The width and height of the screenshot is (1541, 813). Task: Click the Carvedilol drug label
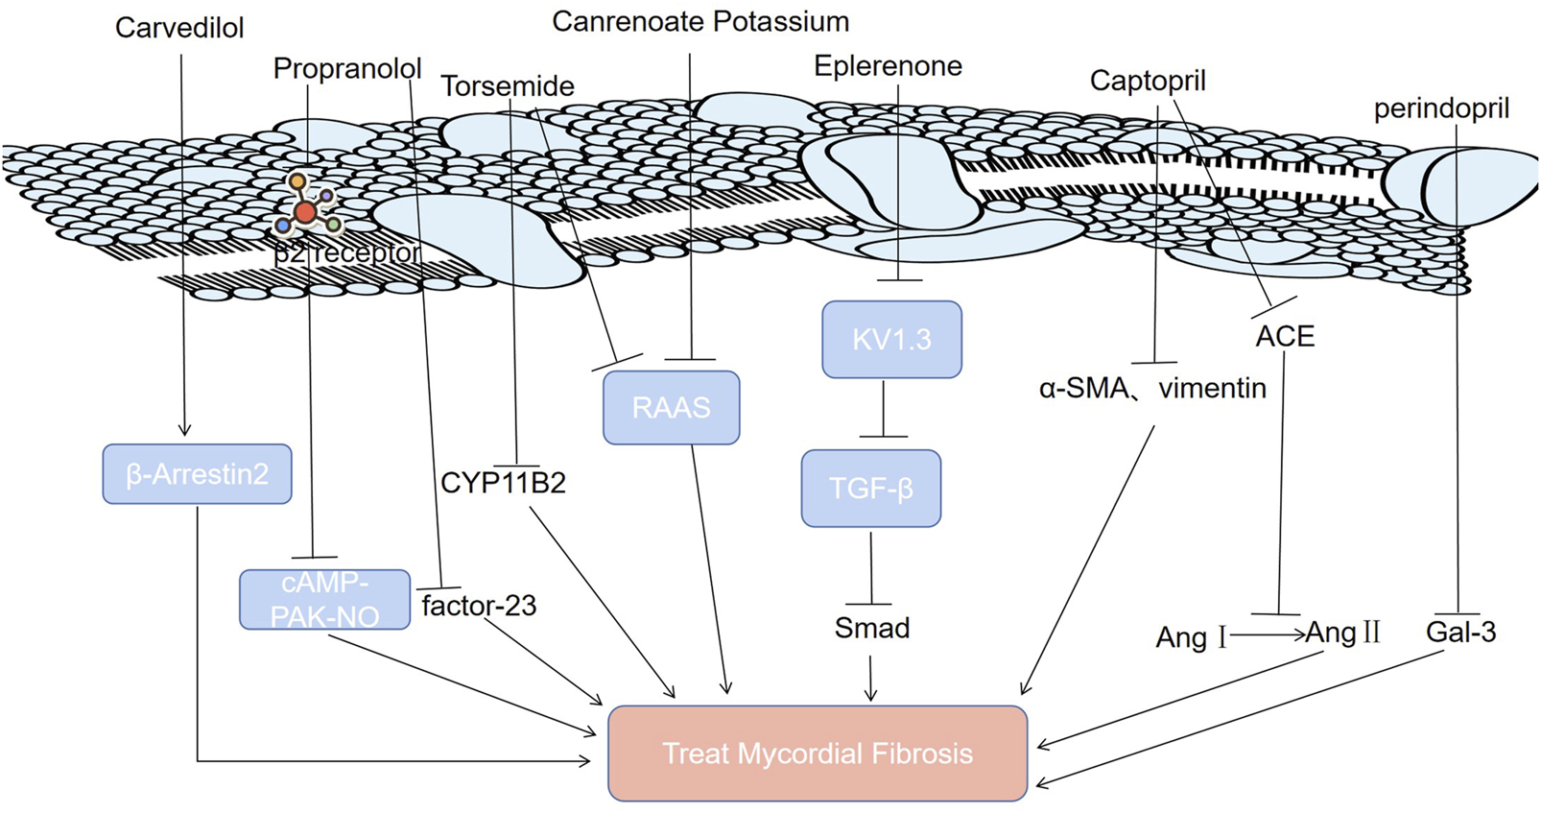coord(179,28)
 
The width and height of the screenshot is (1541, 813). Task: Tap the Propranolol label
coord(347,69)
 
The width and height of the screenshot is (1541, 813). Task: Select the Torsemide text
coord(508,86)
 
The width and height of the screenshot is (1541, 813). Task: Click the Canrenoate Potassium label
coord(700,22)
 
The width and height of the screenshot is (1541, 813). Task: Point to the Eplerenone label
coord(888,66)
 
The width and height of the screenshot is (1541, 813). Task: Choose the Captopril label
coord(1148,81)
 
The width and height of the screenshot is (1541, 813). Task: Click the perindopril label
coord(1441,108)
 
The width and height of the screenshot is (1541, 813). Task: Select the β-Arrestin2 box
coord(197,474)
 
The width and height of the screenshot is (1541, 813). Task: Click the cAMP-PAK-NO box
coord(324,600)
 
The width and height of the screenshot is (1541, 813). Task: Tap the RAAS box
coord(671,408)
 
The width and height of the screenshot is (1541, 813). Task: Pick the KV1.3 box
coord(891,340)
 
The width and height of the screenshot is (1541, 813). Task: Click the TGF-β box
coord(870,489)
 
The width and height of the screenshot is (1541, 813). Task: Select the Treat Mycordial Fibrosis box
coord(818,753)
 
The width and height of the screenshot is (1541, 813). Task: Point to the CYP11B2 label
coord(503,483)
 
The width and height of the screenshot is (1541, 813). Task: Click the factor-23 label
coord(479,606)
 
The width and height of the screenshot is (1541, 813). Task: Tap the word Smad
coord(871,629)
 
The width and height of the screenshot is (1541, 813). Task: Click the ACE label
coord(1285,337)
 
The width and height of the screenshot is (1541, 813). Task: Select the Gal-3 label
coord(1460,633)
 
